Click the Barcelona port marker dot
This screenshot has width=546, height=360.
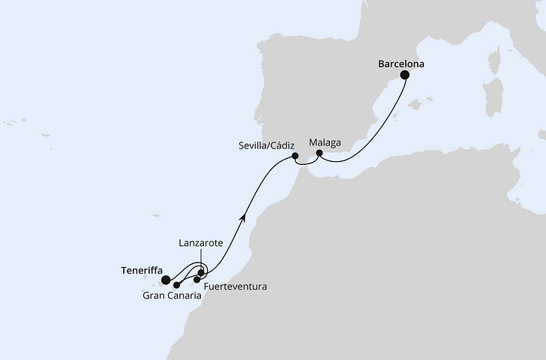point(405,75)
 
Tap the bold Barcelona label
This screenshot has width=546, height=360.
point(400,64)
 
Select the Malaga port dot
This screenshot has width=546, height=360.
point(319,153)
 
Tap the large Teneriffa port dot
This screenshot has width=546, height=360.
point(166,280)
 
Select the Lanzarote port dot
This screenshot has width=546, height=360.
point(201,272)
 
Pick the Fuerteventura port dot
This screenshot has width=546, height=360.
point(197,280)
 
